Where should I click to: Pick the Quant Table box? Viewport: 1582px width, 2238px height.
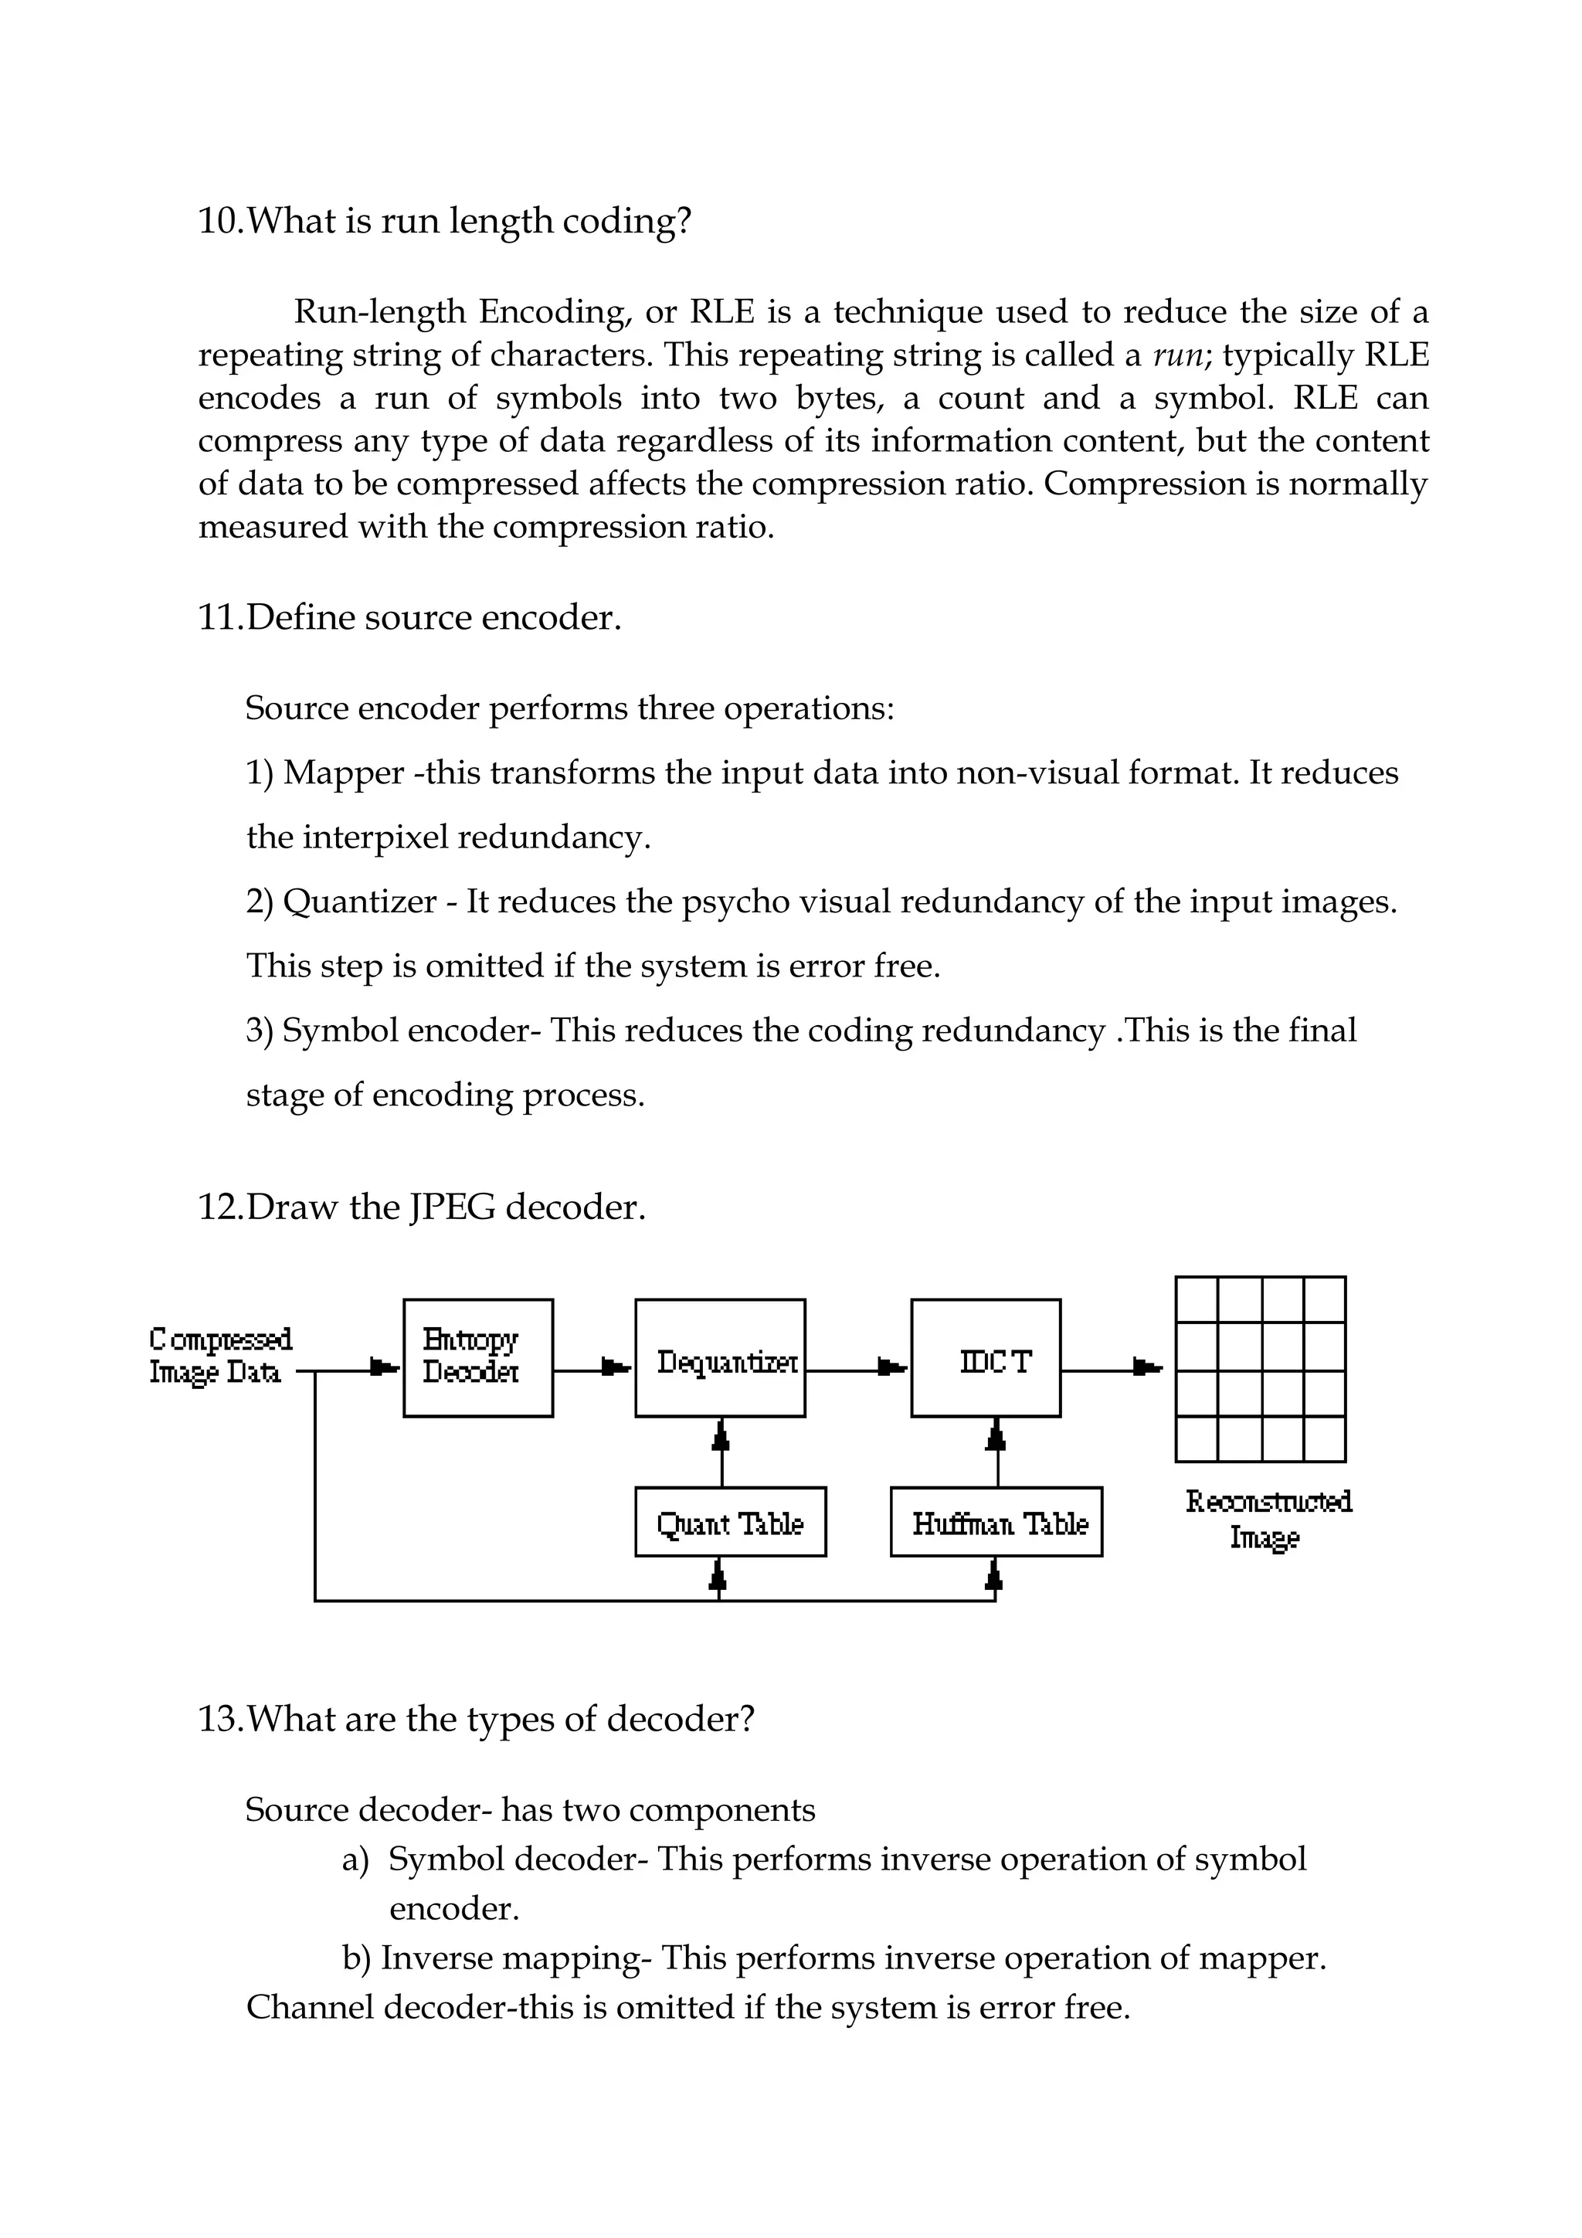pos(730,1523)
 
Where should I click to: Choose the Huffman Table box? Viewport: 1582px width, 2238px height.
pos(996,1523)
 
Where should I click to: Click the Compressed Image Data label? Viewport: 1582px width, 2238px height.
pos(220,1355)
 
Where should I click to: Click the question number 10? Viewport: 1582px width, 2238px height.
pos(219,221)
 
